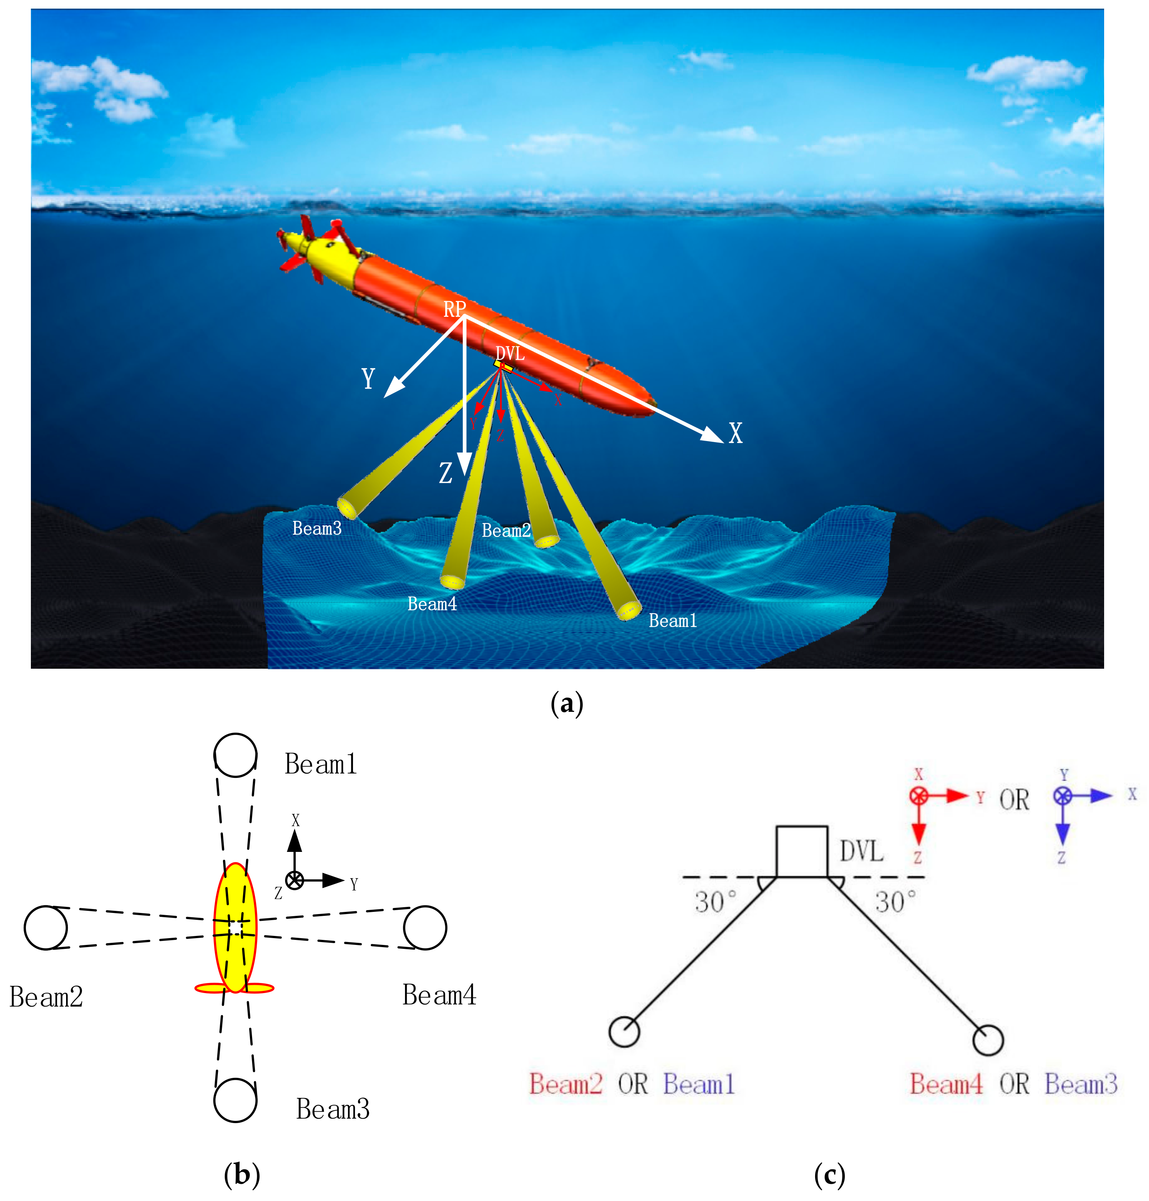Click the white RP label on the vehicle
[x=455, y=310]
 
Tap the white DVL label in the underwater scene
[x=510, y=353]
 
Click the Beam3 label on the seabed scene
[x=317, y=528]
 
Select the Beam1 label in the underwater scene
[x=673, y=621]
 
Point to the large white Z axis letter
[x=445, y=473]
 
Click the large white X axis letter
[x=736, y=433]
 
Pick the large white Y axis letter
[x=368, y=379]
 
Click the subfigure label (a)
[x=567, y=704]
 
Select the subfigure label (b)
[x=242, y=1175]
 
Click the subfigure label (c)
[x=829, y=1175]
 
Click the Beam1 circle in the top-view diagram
[x=235, y=755]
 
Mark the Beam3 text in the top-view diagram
[x=332, y=1109]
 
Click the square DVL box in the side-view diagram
[x=802, y=852]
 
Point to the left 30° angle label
[x=715, y=902]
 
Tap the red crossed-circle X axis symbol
[x=918, y=796]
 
